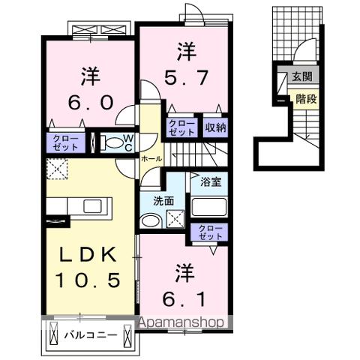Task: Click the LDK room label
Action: (x=88, y=256)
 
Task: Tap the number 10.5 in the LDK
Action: (x=88, y=280)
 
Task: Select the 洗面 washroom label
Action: (x=163, y=201)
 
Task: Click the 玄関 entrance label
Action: (x=303, y=76)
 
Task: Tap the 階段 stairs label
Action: (x=305, y=97)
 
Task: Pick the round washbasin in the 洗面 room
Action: (x=151, y=220)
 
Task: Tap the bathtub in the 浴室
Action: (x=209, y=207)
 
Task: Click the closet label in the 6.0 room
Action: (x=66, y=142)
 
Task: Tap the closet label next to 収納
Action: (x=181, y=127)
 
